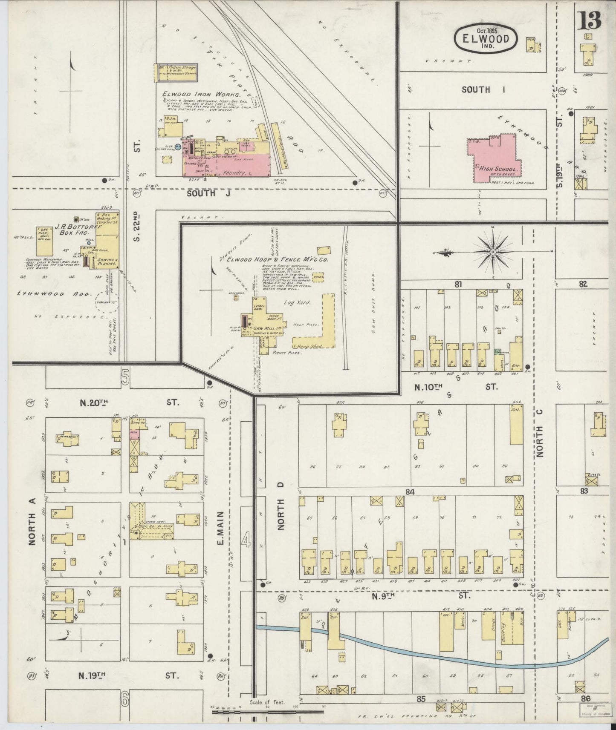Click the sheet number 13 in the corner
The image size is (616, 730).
coord(589,20)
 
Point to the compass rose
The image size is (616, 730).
coord(493,252)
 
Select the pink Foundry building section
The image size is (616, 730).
coord(243,166)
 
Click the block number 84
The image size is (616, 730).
coord(410,492)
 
